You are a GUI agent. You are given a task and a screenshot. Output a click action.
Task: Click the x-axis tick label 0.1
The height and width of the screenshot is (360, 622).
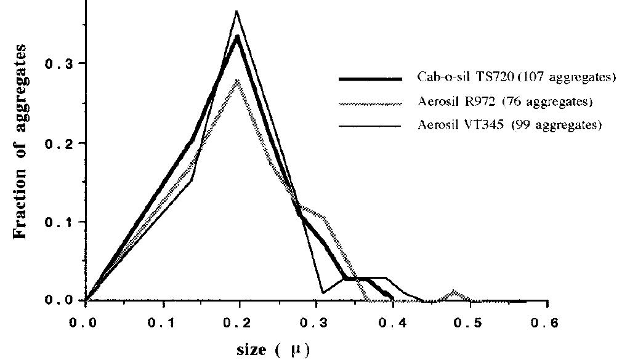(x=163, y=321)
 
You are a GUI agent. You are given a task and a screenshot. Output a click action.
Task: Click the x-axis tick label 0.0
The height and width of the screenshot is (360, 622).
(x=86, y=321)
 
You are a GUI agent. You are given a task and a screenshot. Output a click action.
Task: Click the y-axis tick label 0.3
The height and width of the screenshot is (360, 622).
(x=59, y=64)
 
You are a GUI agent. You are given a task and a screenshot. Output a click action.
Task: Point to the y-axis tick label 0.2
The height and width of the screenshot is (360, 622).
(x=59, y=143)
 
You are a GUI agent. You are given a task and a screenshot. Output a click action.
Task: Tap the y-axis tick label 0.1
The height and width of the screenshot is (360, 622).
(x=59, y=222)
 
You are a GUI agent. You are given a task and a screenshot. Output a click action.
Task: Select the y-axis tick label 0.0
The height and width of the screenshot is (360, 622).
(x=59, y=300)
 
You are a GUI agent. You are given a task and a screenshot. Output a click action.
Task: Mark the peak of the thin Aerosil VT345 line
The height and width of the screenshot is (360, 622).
(x=236, y=11)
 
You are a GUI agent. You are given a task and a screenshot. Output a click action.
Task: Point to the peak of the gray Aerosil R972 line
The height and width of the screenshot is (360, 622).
(x=238, y=81)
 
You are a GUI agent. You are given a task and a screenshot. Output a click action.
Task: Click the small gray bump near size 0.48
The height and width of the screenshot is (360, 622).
(x=454, y=291)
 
